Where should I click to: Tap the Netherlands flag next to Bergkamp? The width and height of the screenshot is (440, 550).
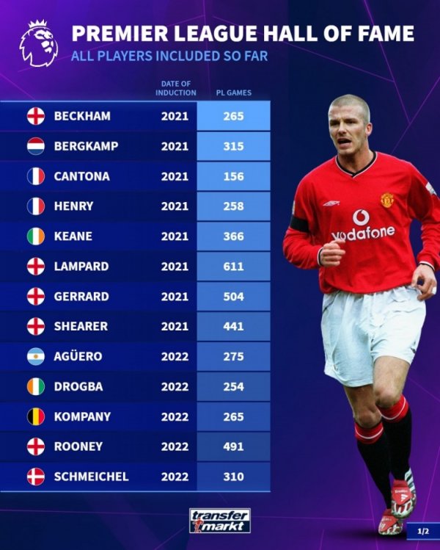[x=36, y=146]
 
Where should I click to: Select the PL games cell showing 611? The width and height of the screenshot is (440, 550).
[x=233, y=267]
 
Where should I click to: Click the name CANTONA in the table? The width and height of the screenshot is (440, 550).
[x=81, y=176]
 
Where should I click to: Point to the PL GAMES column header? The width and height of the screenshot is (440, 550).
[x=233, y=93]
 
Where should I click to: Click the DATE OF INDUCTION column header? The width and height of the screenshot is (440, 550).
[x=175, y=89]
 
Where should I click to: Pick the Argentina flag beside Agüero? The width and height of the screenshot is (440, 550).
[x=36, y=356]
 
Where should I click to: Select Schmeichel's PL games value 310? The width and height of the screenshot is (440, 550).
[x=233, y=477]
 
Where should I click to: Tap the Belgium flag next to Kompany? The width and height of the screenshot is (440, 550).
[x=36, y=416]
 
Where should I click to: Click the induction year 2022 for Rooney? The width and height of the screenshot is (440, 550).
[x=175, y=446]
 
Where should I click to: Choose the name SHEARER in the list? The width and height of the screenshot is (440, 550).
[x=81, y=326]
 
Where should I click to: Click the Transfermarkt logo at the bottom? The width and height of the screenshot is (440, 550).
[x=220, y=520]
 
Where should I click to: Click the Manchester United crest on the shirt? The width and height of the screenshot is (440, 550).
[x=388, y=200]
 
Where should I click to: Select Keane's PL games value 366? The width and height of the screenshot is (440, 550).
[x=233, y=236]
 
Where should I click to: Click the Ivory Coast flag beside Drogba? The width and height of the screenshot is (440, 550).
[x=36, y=386]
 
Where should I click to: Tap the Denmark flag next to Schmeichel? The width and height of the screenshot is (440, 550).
[x=36, y=477]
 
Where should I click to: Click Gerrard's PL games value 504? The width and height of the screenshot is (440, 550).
[x=233, y=297]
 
